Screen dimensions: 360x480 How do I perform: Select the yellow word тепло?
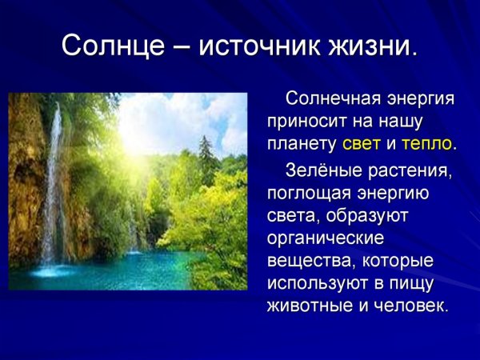427,145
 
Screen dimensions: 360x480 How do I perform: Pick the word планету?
302,145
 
